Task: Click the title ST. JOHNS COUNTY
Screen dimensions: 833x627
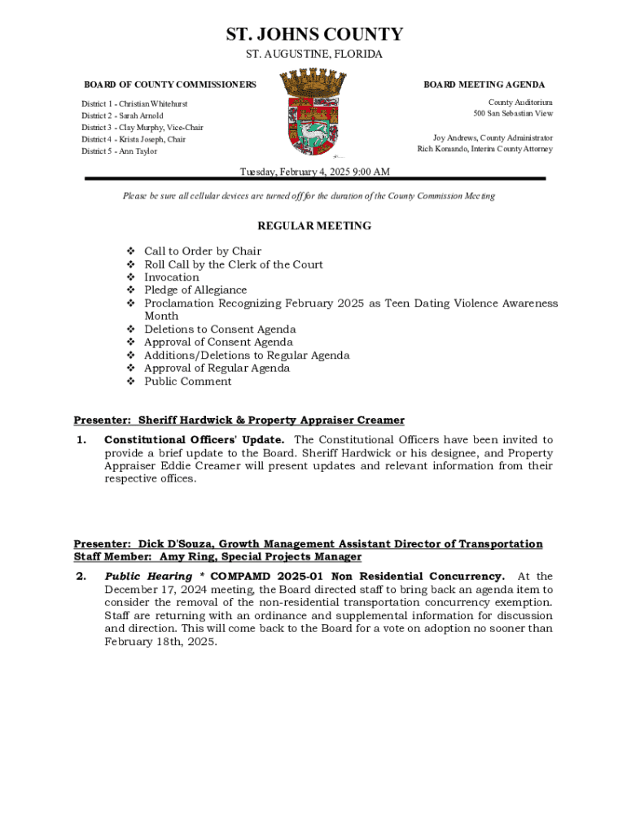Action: (x=313, y=34)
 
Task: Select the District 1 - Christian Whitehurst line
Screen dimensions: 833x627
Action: (x=134, y=104)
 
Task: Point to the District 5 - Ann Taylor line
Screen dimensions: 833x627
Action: (x=119, y=151)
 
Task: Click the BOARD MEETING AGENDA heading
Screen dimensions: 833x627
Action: (x=484, y=85)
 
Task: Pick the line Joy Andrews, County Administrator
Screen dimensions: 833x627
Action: (x=493, y=137)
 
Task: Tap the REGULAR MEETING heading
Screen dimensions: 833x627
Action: (x=314, y=226)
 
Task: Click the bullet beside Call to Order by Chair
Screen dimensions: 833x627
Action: (x=130, y=251)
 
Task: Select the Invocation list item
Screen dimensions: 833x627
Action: (x=171, y=277)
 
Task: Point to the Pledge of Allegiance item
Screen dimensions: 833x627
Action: (x=195, y=290)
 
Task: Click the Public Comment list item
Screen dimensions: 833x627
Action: (x=187, y=382)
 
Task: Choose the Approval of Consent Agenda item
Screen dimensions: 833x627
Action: (x=218, y=342)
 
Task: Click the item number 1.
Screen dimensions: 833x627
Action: (x=81, y=440)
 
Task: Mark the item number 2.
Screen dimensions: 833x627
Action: (x=81, y=577)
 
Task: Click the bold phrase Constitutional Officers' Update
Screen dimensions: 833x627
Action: (x=194, y=440)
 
